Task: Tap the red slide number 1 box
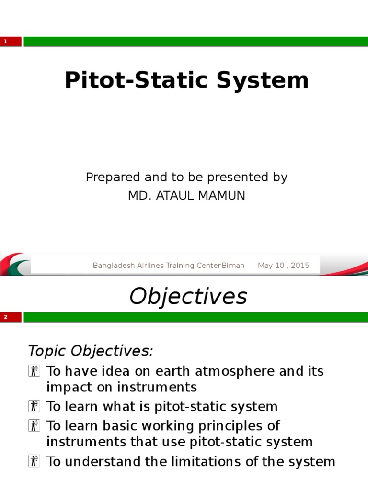(x=11, y=42)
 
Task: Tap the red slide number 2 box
(x=11, y=317)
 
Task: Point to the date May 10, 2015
(x=283, y=266)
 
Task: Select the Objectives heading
(x=188, y=296)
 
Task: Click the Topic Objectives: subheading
(x=91, y=351)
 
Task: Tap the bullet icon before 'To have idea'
(x=34, y=371)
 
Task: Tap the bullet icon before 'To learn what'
(x=34, y=407)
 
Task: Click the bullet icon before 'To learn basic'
(x=34, y=425)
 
